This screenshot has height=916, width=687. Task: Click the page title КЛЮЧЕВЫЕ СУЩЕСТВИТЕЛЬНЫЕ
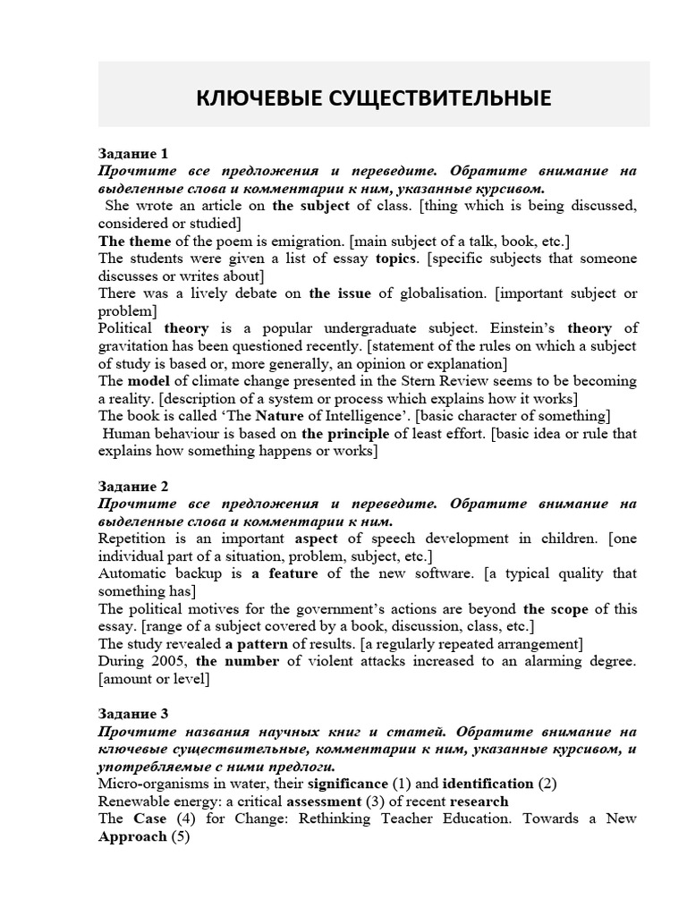click(x=374, y=96)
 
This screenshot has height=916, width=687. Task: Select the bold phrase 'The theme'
click(x=134, y=241)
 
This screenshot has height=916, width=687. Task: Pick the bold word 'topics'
click(x=396, y=259)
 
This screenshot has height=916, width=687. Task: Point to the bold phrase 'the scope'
click(x=556, y=608)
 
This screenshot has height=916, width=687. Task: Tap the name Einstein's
click(x=511, y=328)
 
